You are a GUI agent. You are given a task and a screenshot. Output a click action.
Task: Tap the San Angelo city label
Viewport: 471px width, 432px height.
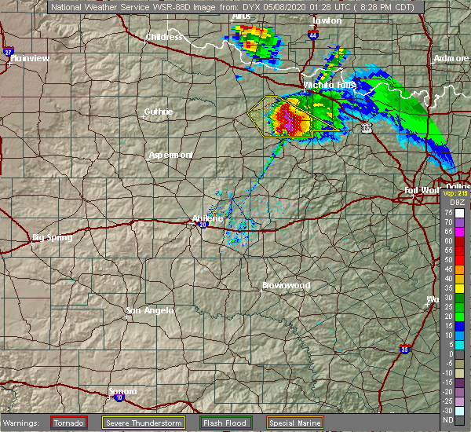click(x=149, y=311)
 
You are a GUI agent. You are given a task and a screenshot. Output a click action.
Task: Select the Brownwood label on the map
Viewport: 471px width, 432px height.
click(x=286, y=285)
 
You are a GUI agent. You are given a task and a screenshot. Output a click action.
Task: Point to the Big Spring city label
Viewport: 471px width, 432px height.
click(x=52, y=237)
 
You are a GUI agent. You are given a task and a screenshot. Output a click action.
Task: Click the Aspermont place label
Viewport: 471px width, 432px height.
click(x=170, y=155)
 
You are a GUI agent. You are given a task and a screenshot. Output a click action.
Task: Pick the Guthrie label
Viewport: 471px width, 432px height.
click(x=159, y=112)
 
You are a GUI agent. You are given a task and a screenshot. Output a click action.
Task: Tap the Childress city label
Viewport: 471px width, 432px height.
click(x=164, y=37)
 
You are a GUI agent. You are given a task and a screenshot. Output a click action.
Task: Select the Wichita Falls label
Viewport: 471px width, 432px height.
click(x=330, y=84)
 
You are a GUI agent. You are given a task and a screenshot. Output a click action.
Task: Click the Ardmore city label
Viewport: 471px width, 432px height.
click(x=451, y=59)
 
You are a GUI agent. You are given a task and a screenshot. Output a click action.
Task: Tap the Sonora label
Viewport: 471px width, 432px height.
click(x=122, y=391)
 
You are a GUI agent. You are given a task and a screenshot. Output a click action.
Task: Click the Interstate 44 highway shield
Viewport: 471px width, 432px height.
click(x=313, y=35)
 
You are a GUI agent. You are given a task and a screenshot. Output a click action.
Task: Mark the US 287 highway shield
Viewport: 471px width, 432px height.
click(x=367, y=127)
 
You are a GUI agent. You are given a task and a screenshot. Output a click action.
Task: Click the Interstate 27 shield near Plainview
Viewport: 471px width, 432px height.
click(x=8, y=52)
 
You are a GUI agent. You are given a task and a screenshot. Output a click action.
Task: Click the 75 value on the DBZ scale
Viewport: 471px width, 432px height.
click(x=447, y=212)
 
